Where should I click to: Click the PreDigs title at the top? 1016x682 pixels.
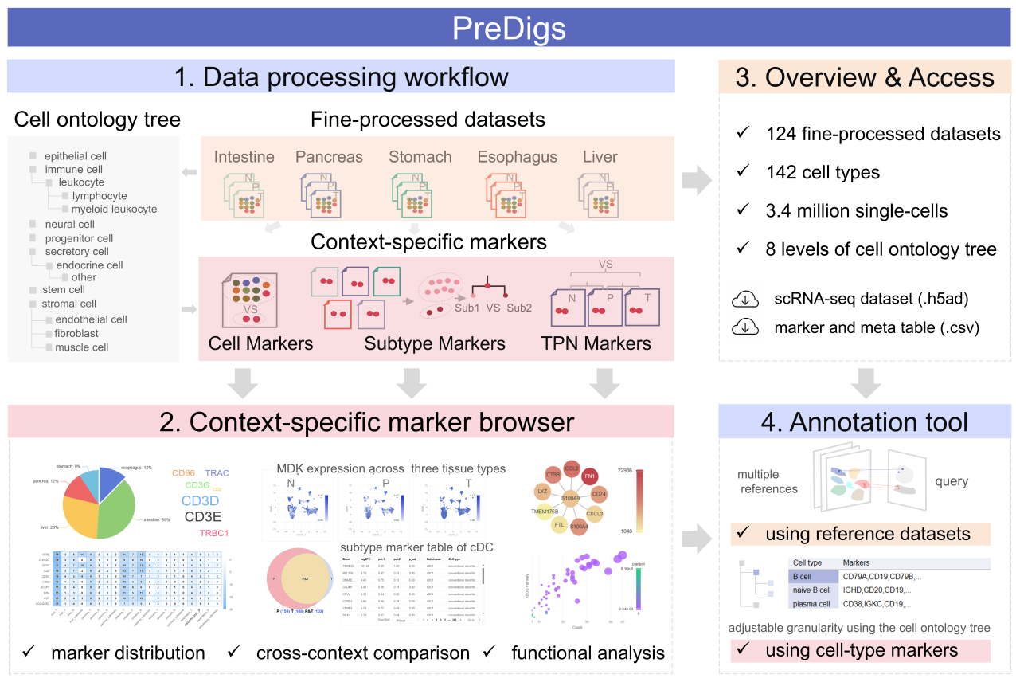pyautogui.click(x=508, y=28)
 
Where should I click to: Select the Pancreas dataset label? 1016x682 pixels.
pyautogui.click(x=329, y=156)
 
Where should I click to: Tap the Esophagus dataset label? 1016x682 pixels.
pyautogui.click(x=517, y=156)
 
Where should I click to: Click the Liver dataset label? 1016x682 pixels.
pyautogui.click(x=600, y=156)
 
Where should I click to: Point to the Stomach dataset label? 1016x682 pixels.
pyautogui.click(x=420, y=156)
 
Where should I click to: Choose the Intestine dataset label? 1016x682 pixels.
pyautogui.click(x=244, y=156)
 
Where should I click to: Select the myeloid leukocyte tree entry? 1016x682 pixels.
pyautogui.click(x=114, y=209)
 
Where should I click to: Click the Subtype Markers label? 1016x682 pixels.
pyautogui.click(x=435, y=343)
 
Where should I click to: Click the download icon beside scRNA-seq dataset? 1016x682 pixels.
pyautogui.click(x=744, y=300)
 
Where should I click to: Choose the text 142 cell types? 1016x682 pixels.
pyautogui.click(x=823, y=171)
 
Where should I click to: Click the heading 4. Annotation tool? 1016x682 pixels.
pyautogui.click(x=854, y=421)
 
